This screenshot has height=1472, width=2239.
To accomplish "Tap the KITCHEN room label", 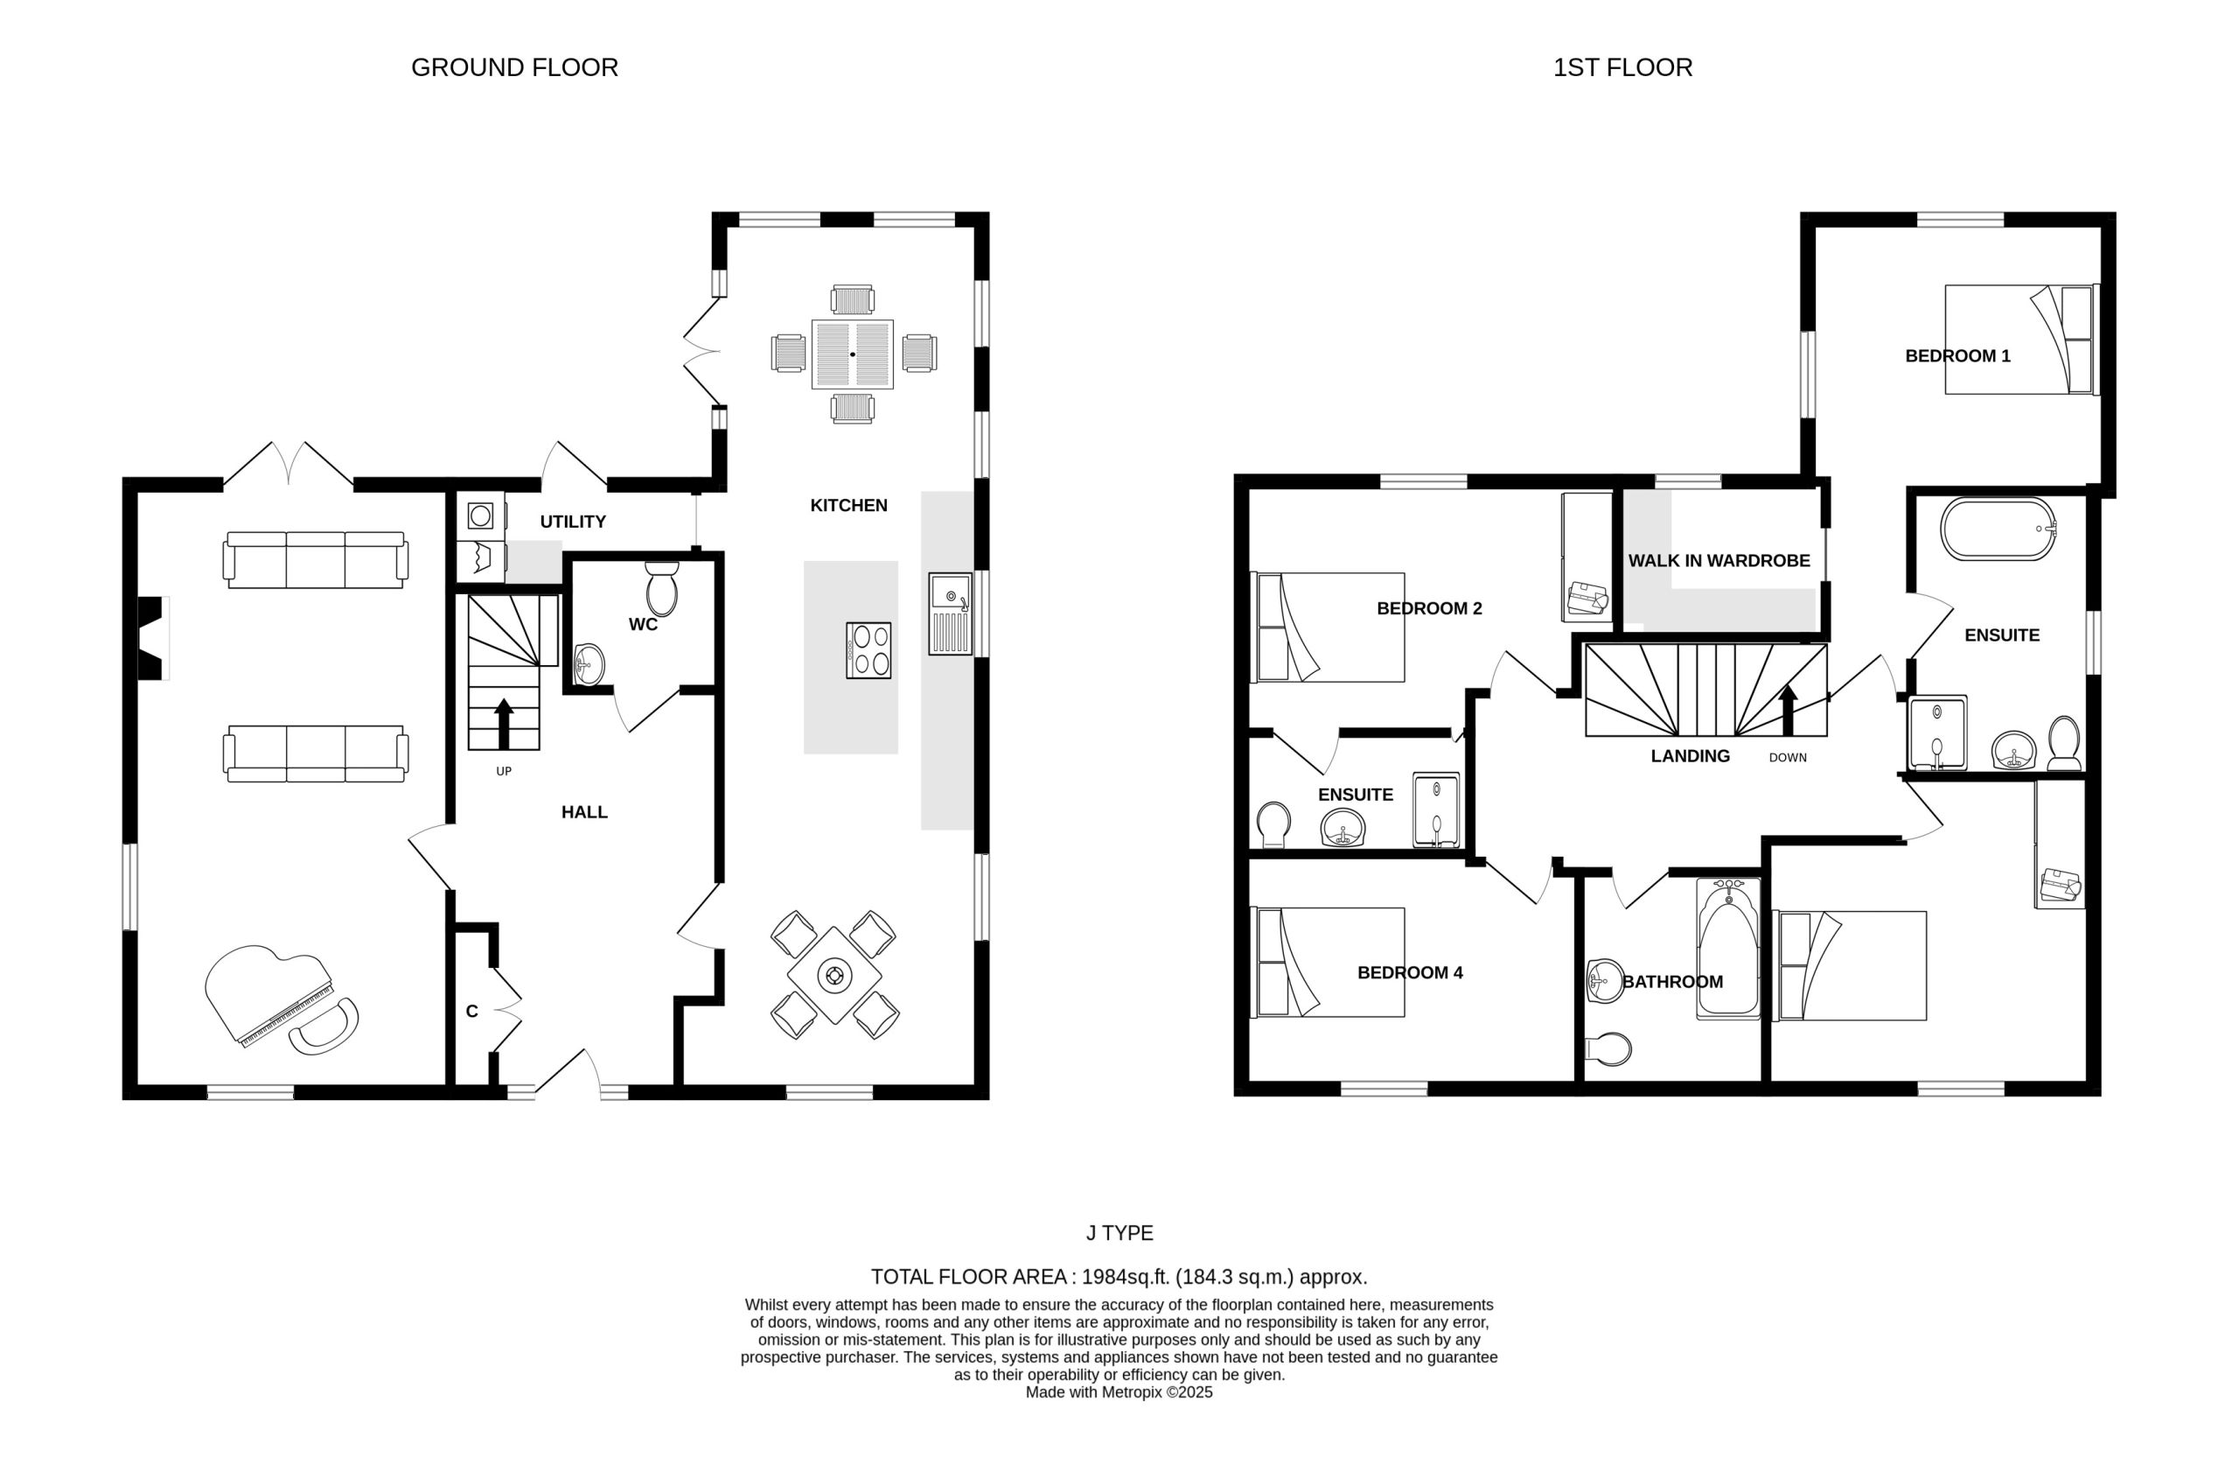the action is [848, 506].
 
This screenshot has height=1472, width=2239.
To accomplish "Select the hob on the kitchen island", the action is [868, 649].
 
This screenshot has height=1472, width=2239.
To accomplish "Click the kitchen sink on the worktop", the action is [950, 613].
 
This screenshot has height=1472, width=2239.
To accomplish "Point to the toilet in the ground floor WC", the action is [662, 588].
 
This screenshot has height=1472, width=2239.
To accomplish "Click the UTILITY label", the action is [573, 522].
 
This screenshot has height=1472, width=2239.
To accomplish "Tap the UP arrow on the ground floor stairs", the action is [503, 723].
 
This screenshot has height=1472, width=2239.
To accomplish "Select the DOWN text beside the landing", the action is [1788, 758].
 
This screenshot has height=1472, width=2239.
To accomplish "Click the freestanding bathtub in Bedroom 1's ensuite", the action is [1998, 529].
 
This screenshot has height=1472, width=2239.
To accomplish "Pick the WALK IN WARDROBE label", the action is [1719, 561].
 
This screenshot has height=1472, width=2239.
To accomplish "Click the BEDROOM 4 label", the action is [1409, 973].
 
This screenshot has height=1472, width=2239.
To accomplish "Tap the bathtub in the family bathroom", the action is [1728, 949].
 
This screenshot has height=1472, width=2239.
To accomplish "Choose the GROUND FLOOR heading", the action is [514, 67].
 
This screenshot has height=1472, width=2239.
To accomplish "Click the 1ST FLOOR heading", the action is [1622, 67].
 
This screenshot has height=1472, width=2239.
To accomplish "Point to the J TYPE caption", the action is [1119, 1233].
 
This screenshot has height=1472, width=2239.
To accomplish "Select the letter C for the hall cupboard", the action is [472, 1011].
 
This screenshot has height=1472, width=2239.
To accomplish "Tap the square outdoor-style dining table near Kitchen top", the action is [853, 354].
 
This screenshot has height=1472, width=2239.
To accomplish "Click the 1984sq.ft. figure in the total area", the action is [1125, 1277].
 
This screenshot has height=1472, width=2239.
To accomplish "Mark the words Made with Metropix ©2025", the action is [1119, 1393].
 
